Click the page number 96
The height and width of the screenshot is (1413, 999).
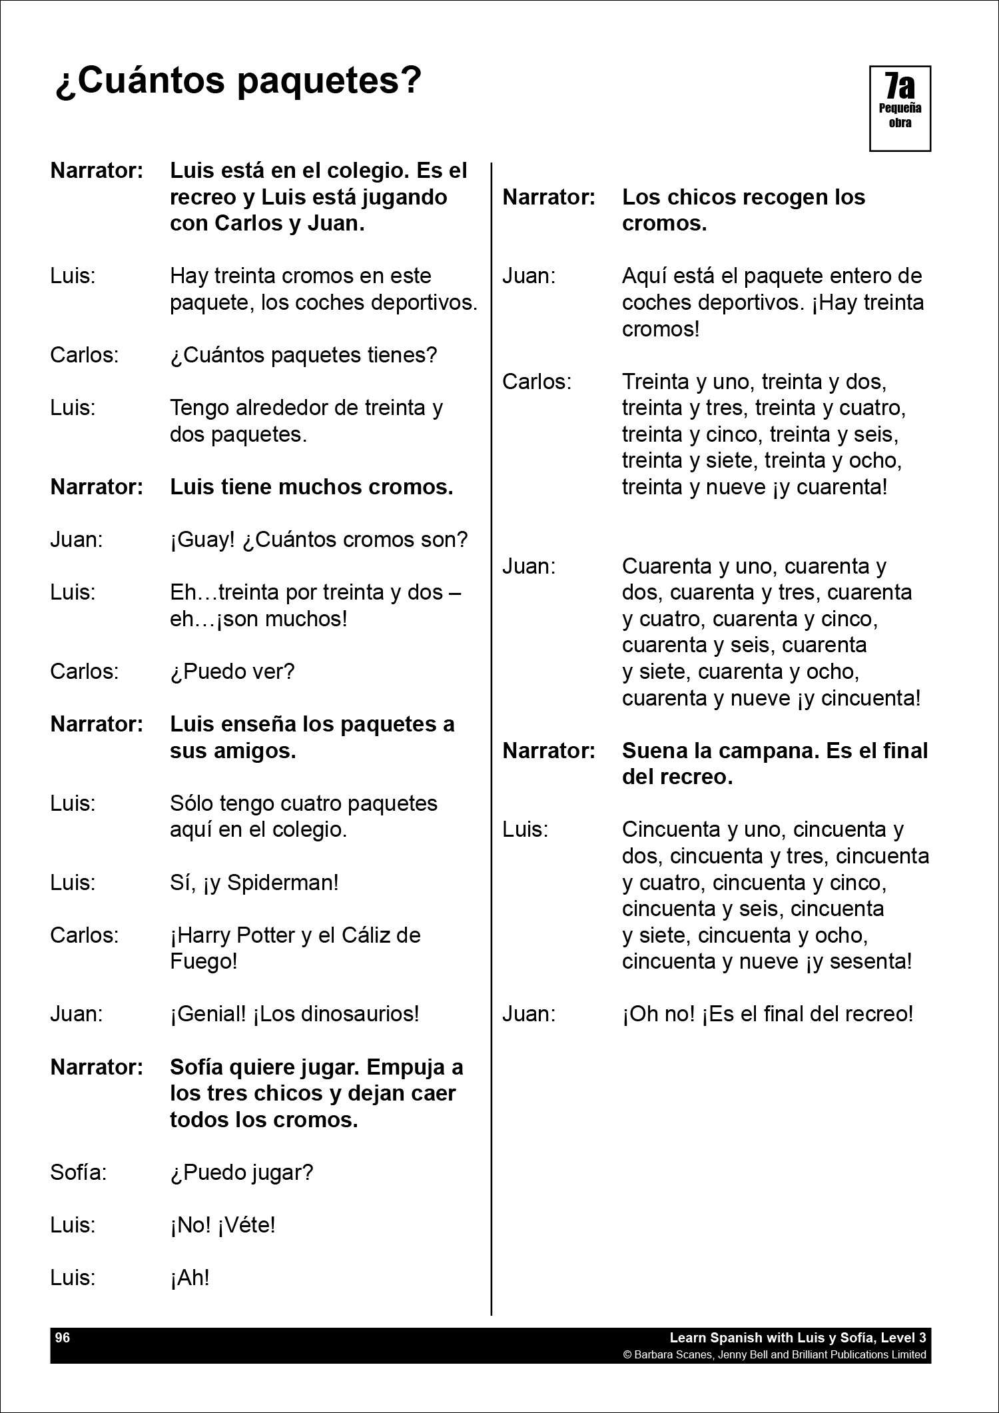pos(63,1337)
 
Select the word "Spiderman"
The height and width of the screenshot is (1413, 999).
pos(283,883)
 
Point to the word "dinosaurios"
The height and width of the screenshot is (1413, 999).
pos(360,1014)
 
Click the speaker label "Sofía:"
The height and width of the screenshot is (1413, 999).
pos(79,1173)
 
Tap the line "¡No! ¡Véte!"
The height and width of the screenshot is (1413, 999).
pos(222,1225)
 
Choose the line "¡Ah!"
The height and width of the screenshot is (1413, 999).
pos(190,1278)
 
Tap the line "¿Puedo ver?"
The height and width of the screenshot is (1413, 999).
pos(232,672)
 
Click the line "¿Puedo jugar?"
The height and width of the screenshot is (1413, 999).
pos(241,1173)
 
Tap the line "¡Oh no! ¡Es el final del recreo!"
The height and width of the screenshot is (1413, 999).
pos(767,1014)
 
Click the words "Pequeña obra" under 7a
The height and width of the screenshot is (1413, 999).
pos(900,115)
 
